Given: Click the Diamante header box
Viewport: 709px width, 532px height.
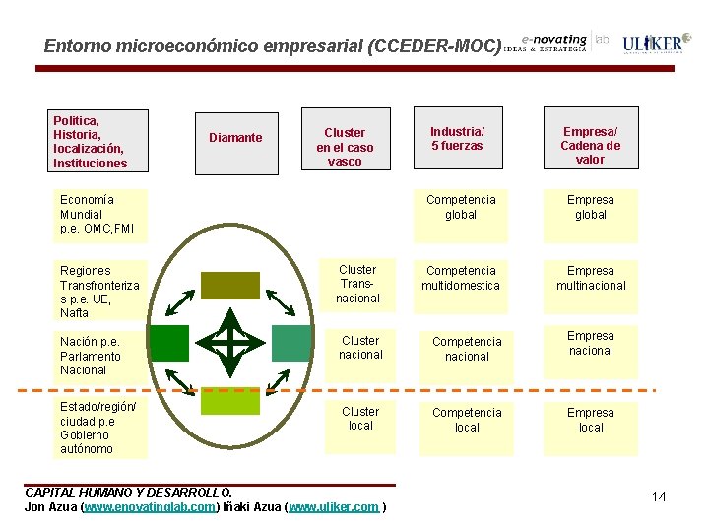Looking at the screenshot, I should click(235, 138).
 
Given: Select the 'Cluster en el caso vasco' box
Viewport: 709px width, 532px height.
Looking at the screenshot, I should click(345, 146).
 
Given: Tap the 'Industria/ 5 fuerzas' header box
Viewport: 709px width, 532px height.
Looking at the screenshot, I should click(458, 138).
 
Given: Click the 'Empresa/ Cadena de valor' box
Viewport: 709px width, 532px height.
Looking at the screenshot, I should click(590, 145).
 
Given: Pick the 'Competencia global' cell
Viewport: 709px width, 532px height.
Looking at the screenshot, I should click(461, 207).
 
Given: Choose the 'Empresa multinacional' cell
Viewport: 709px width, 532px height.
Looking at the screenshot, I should click(591, 278).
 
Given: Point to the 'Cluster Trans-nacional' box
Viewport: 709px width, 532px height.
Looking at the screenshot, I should click(357, 284).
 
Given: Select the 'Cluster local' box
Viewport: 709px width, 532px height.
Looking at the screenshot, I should click(360, 418).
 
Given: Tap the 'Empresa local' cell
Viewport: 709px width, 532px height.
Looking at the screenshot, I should click(591, 420).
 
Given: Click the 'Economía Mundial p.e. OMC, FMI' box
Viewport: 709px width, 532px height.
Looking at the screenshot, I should click(99, 215).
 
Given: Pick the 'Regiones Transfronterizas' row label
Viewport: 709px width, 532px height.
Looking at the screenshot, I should click(99, 292).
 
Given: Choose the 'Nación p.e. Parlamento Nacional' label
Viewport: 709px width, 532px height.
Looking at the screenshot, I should click(99, 356).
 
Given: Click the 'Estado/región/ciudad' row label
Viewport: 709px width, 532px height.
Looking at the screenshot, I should click(99, 428).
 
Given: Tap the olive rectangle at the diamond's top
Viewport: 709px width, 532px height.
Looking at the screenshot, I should click(229, 285).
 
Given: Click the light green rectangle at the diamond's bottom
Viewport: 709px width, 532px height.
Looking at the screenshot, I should click(229, 401).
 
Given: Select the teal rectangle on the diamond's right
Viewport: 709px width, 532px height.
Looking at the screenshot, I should click(290, 342).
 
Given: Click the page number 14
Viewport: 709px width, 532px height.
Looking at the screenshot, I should click(659, 497).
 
